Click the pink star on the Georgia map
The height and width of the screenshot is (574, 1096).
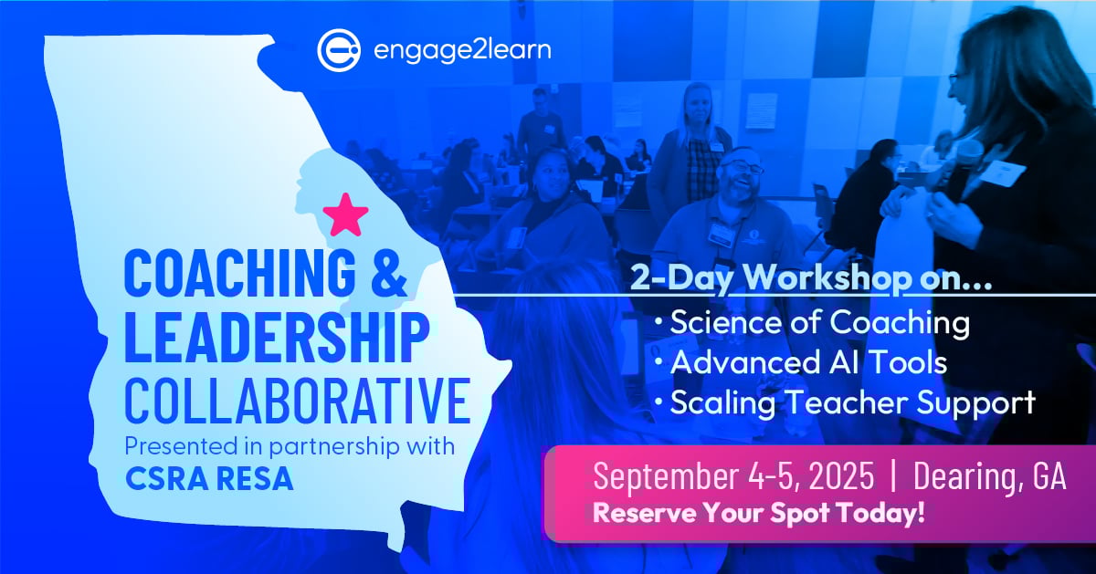tap(345, 215)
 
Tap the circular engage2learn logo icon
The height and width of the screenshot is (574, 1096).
tap(339, 50)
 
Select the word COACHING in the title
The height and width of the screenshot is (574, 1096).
tap(240, 272)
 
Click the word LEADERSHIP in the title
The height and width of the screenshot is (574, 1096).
tap(277, 338)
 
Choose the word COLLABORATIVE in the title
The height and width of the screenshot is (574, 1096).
tap(298, 400)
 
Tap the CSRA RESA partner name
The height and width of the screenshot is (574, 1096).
tap(209, 479)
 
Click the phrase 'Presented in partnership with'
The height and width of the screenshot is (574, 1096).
tap(290, 447)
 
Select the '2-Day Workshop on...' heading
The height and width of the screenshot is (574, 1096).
tap(811, 278)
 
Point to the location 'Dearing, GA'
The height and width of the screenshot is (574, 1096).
tap(989, 475)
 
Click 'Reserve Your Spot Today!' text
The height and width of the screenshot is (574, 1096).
tap(759, 513)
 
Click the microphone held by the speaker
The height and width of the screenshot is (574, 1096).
tap(966, 165)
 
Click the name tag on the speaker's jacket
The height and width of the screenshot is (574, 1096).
tap(1003, 172)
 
